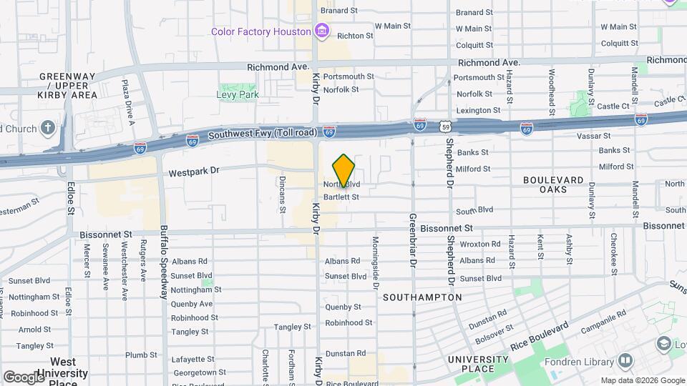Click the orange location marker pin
344,170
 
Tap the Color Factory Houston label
260,31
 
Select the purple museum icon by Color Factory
322,31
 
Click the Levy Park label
238,94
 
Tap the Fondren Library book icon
625,360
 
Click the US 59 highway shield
446,127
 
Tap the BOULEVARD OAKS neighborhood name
553,184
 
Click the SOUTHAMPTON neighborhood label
422,297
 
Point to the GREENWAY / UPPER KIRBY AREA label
67,85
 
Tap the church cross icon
47,129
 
